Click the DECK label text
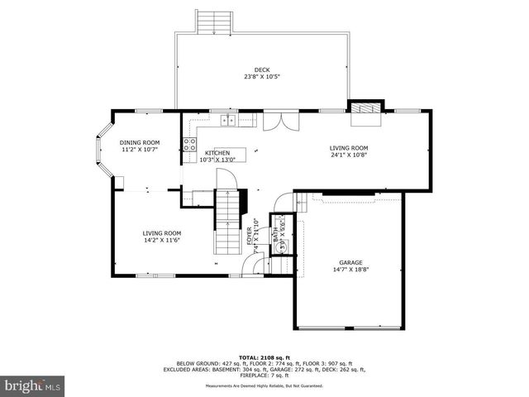261,70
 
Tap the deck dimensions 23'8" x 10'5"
261,77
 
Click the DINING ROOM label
140,143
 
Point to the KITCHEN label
217,153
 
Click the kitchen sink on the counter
227,122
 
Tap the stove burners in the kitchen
188,145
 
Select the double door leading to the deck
283,121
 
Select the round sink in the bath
284,246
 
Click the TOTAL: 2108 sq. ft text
264,356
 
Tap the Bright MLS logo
33,385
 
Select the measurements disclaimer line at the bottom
264,385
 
